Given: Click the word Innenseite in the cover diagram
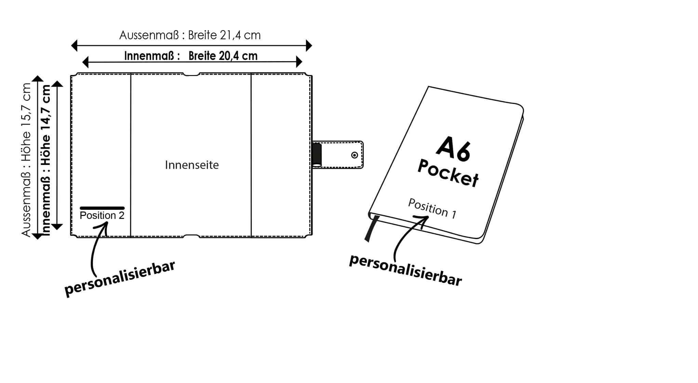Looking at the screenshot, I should (x=192, y=165).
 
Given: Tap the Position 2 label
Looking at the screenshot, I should (x=102, y=216).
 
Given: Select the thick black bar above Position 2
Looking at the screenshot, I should (x=102, y=208).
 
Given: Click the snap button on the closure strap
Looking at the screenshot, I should (x=354, y=155).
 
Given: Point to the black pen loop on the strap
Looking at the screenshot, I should (x=317, y=155).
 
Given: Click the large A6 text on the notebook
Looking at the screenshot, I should (x=454, y=148).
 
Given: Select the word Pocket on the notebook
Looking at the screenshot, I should (x=448, y=173).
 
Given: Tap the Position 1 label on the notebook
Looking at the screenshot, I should (x=432, y=208).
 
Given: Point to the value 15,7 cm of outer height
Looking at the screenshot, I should (x=26, y=101).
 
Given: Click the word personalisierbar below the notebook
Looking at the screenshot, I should (x=405, y=270).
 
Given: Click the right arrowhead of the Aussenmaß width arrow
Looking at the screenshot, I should (x=309, y=45).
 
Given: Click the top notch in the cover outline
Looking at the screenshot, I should (x=191, y=74).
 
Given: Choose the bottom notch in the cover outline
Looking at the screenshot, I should (x=191, y=236).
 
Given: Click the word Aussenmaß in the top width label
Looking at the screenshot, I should (x=149, y=35).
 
